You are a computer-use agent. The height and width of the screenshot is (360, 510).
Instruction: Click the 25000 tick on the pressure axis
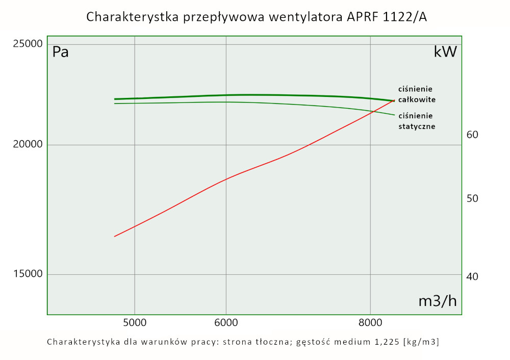click(27, 44)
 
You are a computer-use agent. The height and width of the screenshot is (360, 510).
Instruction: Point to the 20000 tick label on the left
click(27, 145)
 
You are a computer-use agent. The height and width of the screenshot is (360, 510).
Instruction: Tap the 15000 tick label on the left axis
click(27, 274)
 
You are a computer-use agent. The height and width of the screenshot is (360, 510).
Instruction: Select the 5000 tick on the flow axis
click(135, 322)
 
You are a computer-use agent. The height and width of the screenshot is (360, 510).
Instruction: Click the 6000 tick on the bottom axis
click(226, 322)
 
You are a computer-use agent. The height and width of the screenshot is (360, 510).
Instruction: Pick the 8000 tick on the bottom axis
click(370, 322)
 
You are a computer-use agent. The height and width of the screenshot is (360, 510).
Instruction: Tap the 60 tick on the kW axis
click(472, 135)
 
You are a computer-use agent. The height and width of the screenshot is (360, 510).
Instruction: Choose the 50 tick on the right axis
click(472, 198)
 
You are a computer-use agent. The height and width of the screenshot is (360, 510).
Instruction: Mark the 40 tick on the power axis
click(472, 276)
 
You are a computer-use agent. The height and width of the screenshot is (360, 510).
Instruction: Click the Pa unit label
click(61, 52)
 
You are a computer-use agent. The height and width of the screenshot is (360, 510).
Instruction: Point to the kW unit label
click(445, 52)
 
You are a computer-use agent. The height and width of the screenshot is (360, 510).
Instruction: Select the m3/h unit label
click(437, 301)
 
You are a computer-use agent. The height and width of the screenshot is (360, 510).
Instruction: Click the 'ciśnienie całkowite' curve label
click(417, 94)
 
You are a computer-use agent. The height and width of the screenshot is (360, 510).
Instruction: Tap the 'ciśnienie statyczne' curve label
click(417, 121)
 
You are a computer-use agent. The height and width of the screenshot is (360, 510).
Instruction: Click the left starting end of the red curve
click(115, 236)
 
